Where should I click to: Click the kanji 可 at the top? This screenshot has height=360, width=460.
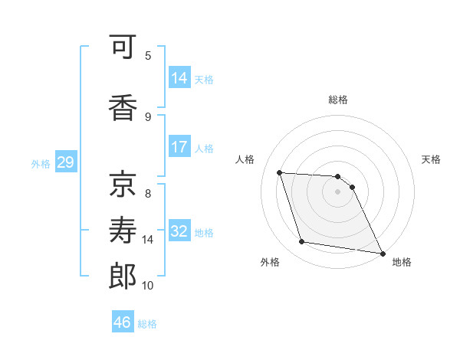pyautogui.click(x=123, y=50)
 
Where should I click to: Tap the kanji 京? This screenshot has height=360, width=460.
pyautogui.click(x=123, y=183)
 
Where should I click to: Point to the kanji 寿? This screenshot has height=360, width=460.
pyautogui.click(x=123, y=231)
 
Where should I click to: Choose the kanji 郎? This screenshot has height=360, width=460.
pyautogui.click(x=123, y=277)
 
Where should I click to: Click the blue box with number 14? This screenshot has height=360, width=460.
pyautogui.click(x=179, y=77)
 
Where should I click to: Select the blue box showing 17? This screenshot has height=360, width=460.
pyautogui.click(x=179, y=146)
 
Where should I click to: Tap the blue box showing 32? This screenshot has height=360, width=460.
pyautogui.click(x=179, y=231)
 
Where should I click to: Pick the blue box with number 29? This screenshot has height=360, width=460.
pyautogui.click(x=65, y=162)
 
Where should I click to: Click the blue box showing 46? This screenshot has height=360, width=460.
pyautogui.click(x=123, y=322)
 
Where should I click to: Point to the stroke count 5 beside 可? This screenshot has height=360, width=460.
pyautogui.click(x=148, y=55)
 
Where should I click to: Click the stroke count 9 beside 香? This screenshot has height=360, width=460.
pyautogui.click(x=148, y=116)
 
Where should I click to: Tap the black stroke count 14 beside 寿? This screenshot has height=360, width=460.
pyautogui.click(x=148, y=239)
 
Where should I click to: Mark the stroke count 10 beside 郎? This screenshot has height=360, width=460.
pyautogui.click(x=148, y=285)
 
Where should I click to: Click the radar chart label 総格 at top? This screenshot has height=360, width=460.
pyautogui.click(x=337, y=100)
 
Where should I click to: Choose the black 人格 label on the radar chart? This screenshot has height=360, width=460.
pyautogui.click(x=246, y=159)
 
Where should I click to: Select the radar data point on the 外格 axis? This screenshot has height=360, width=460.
pyautogui.click(x=302, y=242)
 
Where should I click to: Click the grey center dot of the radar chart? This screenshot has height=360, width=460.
pyautogui.click(x=337, y=191)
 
